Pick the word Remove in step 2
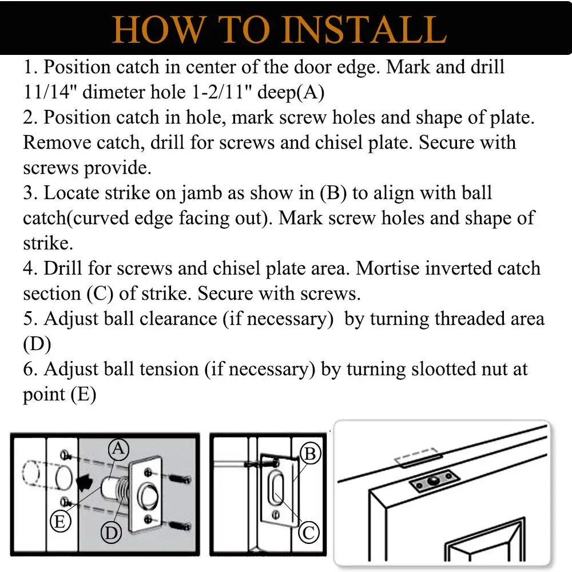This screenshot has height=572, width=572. click(57, 142)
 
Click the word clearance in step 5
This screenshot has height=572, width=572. click(178, 319)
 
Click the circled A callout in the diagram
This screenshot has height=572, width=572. click(118, 448)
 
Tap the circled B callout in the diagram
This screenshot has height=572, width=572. click(311, 454)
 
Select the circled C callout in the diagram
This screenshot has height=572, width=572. click(309, 533)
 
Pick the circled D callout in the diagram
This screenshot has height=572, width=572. click(112, 533)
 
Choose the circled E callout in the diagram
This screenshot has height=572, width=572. click(60, 521)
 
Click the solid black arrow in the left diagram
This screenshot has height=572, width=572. click(84, 482)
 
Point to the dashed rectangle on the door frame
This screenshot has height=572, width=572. click(419, 458)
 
